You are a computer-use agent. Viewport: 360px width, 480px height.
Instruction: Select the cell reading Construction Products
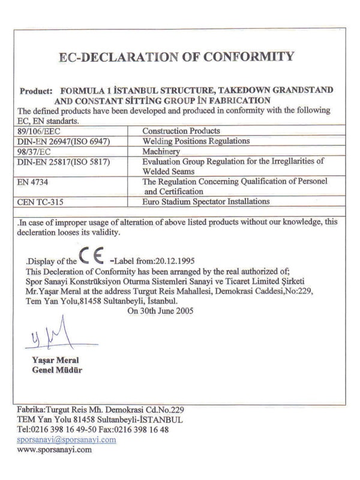coord(181,130)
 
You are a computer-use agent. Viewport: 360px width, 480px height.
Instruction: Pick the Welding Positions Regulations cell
coord(196,140)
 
